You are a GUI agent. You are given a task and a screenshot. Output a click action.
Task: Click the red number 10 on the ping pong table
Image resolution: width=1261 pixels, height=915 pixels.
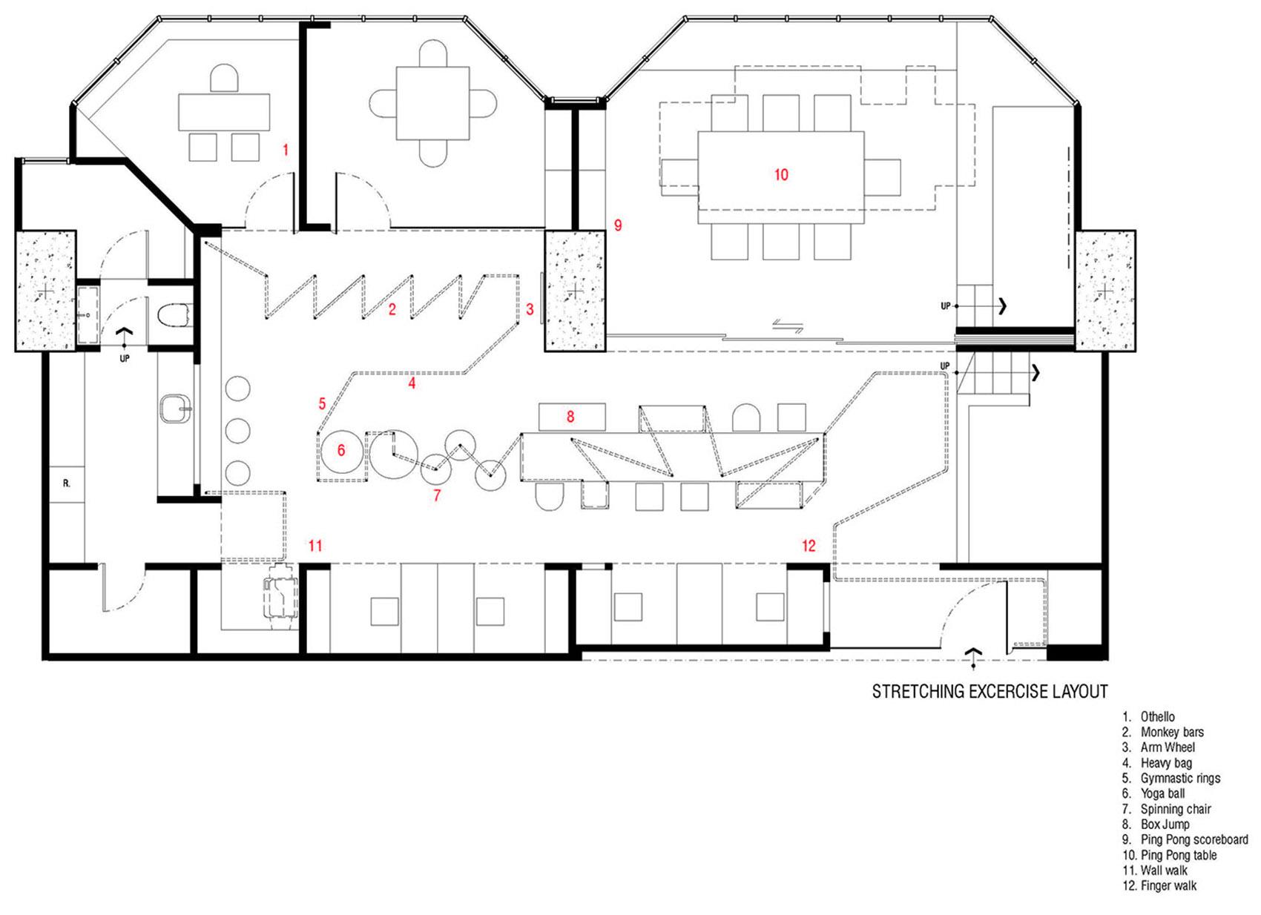pos(781,174)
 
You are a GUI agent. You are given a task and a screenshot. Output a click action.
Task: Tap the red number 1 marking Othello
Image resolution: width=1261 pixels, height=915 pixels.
pos(286,150)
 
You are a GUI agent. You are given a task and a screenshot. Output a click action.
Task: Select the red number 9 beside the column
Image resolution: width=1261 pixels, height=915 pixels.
pos(618,225)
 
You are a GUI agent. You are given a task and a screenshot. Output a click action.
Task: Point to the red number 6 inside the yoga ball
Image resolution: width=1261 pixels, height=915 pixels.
pos(341,449)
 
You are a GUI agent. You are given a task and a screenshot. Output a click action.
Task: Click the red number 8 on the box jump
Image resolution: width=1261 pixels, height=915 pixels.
pos(570,417)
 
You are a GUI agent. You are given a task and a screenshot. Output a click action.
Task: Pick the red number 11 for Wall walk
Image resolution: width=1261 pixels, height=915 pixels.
pos(315,545)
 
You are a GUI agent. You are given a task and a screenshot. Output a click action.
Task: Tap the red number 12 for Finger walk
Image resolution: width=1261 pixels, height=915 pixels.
pos(809,545)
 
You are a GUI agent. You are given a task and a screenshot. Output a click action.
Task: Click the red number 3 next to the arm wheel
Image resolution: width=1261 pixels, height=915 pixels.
pos(530,309)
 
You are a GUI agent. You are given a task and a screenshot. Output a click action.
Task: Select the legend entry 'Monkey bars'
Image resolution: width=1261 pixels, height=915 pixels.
pos(1172,732)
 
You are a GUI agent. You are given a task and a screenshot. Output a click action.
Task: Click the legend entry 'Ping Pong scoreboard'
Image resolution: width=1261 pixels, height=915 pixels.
pos(1194,839)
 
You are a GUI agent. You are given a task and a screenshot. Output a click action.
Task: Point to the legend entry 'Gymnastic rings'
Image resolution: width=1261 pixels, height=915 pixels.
pos(1180,779)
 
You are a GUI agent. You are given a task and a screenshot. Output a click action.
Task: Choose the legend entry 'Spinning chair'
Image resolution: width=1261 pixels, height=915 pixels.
pos(1176,809)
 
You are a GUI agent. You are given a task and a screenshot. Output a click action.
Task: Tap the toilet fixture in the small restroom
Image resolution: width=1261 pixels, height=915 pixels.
pos(174,315)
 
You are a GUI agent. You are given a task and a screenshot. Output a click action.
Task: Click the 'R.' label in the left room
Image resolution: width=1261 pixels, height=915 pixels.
pos(67,483)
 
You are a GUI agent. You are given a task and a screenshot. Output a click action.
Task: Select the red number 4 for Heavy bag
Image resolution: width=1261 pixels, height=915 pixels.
pos(412,383)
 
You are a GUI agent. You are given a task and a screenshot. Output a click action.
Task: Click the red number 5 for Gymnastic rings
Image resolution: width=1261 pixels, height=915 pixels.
pos(322,403)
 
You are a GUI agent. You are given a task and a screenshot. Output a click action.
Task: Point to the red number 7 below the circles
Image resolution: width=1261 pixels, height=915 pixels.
pos(437,495)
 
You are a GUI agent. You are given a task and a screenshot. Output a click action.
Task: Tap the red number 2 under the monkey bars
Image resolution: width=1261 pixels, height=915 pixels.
pos(392,309)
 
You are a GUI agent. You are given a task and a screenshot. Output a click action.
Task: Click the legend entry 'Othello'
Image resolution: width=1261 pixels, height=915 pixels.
pos(1158,717)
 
